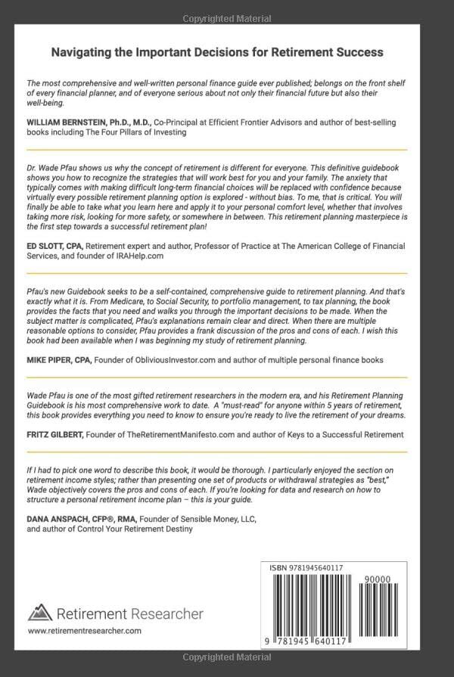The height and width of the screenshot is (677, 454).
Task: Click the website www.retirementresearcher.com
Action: pos(84,630)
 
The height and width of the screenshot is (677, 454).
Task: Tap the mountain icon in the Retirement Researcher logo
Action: pos(39,613)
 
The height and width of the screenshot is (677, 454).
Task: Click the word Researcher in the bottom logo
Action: pos(167,613)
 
